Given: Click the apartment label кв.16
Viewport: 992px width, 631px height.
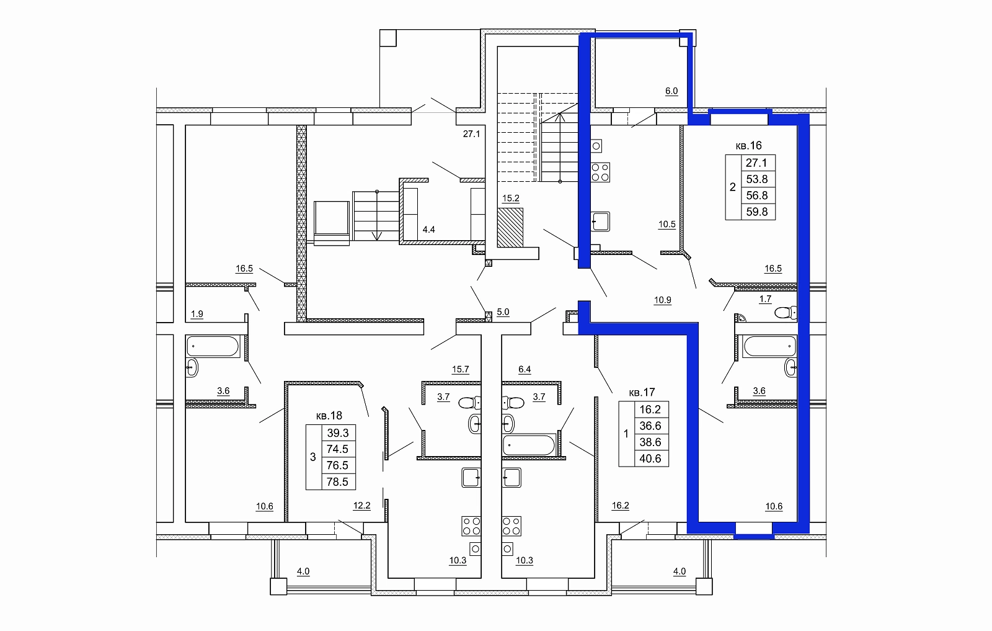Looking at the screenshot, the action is (x=748, y=145).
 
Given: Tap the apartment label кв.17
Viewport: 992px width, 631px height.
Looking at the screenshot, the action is (x=642, y=392).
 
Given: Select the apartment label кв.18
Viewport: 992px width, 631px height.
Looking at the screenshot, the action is (x=329, y=416).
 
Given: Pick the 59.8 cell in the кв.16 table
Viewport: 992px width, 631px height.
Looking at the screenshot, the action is (x=757, y=212).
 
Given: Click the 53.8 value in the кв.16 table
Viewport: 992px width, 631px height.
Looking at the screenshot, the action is (x=757, y=179).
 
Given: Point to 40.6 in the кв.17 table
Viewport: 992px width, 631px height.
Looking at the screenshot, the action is (x=650, y=459).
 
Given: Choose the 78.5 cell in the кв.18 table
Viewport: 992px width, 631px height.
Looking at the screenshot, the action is (x=337, y=481).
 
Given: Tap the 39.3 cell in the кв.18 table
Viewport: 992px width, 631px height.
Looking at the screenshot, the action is (x=338, y=432).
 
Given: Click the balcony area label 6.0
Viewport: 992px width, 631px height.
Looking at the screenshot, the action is (x=671, y=91).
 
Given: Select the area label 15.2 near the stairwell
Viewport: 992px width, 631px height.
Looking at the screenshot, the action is (x=511, y=198).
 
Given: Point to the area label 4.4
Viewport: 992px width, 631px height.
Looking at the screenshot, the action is (x=428, y=230).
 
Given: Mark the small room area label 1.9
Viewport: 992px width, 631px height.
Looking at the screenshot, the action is (x=197, y=314).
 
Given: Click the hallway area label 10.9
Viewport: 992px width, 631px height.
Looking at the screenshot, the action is (x=663, y=300).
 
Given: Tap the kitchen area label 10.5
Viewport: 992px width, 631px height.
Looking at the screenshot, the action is (x=667, y=224).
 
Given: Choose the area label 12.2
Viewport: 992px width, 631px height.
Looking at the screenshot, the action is (x=362, y=506).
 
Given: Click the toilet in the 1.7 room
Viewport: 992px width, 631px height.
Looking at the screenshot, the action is (x=786, y=313).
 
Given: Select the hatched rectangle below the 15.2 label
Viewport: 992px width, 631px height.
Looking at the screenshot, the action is (x=510, y=228).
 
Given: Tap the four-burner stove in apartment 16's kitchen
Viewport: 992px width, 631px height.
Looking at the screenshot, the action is (x=600, y=172).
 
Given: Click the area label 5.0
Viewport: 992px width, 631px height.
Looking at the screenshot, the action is (x=503, y=312).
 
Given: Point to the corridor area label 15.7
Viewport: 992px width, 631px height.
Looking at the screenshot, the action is (x=461, y=369).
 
